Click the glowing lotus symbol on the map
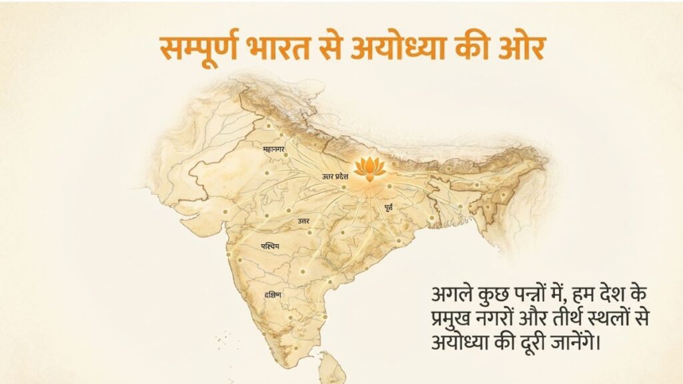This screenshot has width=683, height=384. [x=370, y=169]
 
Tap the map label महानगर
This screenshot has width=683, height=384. [x=275, y=150]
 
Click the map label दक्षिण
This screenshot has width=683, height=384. [x=272, y=294]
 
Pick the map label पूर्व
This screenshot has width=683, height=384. [x=388, y=209]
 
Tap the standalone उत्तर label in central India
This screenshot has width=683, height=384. [x=303, y=220]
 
